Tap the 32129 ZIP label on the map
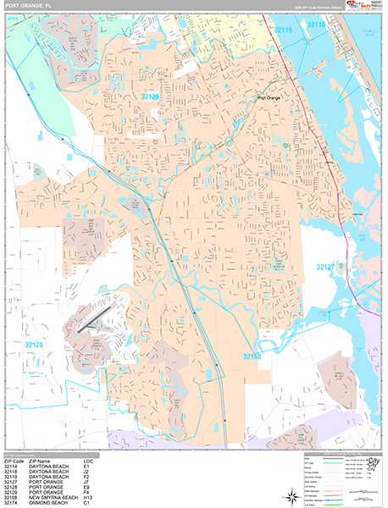click(150, 97)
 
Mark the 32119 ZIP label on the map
click(285, 29)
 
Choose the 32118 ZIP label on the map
click(316, 25)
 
